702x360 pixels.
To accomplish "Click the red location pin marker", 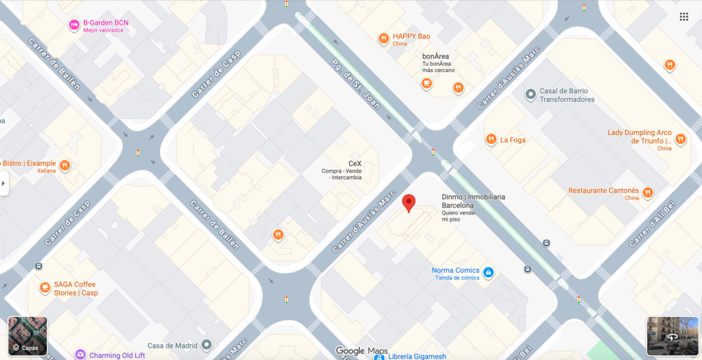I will tap(409, 203).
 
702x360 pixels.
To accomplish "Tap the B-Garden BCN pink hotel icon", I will tap(74, 25).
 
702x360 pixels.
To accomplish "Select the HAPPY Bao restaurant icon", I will tap(384, 38).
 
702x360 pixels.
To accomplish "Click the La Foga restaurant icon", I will tap(491, 140).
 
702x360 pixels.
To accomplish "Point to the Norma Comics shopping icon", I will tap(488, 273).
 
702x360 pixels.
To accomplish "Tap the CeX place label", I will tap(354, 163).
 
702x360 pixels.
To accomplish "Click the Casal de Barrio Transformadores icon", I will tap(530, 93).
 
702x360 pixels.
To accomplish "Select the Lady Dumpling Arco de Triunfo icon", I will tap(680, 139).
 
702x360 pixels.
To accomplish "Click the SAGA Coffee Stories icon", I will tap(45, 287).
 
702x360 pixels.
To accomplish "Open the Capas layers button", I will tap(27, 335).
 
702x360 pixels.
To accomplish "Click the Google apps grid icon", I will tap(683, 16).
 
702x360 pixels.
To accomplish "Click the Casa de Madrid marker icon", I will tap(206, 345).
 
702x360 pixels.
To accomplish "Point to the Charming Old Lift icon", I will tap(80, 355).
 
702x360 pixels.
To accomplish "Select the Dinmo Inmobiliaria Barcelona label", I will tap(473, 201).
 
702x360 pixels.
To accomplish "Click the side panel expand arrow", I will tap(3, 183).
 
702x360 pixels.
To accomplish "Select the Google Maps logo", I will tap(362, 351).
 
